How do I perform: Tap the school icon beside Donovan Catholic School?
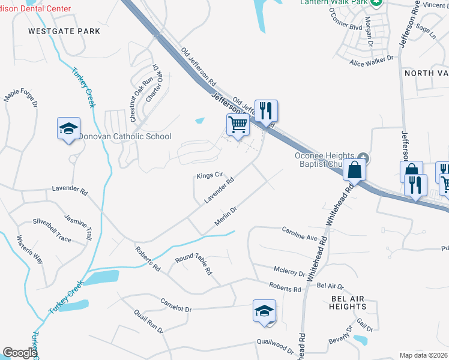coord(69,128)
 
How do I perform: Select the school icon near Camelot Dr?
coord(264,311)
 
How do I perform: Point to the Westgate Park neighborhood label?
coord(55,31)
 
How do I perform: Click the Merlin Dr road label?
coord(227,217)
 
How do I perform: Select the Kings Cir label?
coord(210,176)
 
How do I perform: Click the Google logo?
coord(20,353)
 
